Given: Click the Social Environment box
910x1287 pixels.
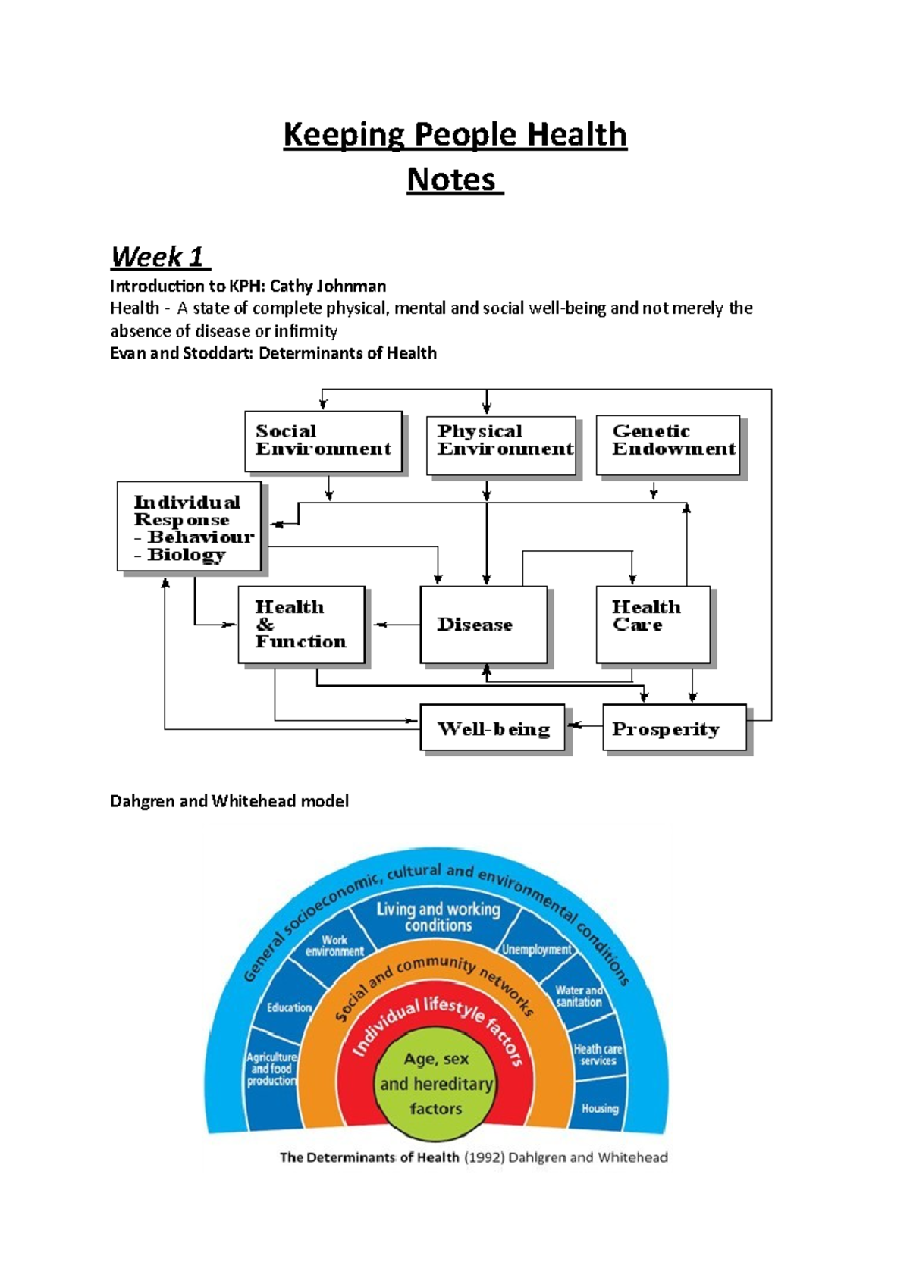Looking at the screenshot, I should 323,441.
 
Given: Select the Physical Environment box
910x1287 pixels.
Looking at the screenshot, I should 501,445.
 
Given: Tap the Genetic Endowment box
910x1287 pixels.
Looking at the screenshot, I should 668,444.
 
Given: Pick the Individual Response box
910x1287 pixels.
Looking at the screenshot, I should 189,526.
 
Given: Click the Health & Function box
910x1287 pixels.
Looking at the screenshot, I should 301,625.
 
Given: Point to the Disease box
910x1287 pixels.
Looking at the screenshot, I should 483,625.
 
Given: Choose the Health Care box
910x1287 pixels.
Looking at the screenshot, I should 653,625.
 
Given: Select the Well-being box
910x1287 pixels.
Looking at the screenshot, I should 492,728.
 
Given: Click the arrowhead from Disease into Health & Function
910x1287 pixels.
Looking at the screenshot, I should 378,625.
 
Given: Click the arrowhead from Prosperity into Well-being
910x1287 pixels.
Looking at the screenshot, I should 574,726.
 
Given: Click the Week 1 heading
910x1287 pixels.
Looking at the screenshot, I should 159,257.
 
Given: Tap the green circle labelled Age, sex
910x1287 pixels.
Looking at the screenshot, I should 436,1084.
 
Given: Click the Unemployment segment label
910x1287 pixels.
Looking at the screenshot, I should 537,949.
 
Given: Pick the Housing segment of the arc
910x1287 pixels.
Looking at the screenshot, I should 600,1108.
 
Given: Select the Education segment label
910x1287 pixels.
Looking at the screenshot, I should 289,1007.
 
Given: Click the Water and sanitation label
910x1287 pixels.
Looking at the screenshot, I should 579,996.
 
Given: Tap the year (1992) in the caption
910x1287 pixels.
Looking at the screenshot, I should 483,1157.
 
